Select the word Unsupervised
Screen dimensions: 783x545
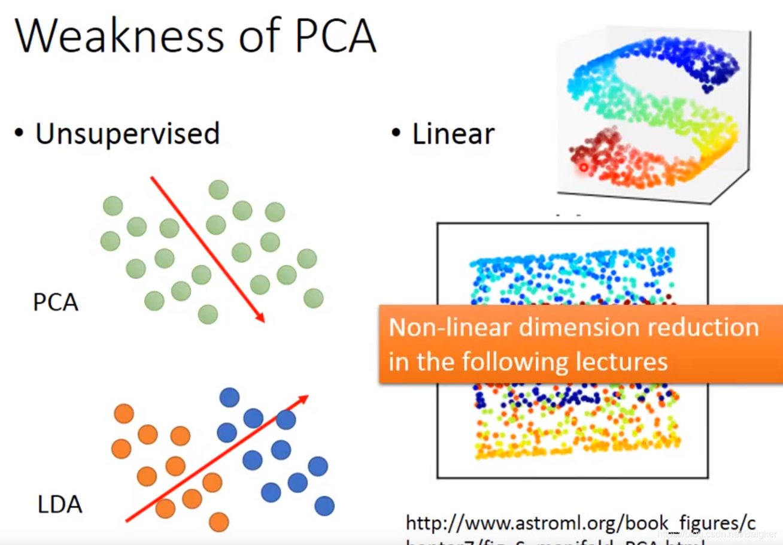[x=128, y=134]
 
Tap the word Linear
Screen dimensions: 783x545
[x=453, y=134]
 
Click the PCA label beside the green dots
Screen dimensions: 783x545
[x=56, y=302]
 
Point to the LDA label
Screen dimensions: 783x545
[x=60, y=505]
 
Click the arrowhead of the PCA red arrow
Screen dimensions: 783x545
[x=260, y=318]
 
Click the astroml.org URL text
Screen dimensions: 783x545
[x=581, y=523]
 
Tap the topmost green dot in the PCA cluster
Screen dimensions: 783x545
[x=218, y=190]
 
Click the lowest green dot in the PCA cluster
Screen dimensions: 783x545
[x=208, y=314]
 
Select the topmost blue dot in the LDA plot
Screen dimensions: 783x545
[x=229, y=397]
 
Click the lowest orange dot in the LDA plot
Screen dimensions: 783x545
[x=219, y=522]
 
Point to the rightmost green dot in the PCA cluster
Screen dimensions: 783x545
[x=313, y=298]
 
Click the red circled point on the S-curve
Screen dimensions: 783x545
[x=583, y=168]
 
